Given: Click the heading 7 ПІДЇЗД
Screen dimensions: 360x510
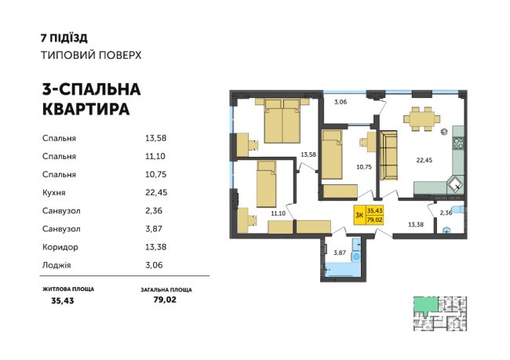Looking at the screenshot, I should click(x=64, y=37).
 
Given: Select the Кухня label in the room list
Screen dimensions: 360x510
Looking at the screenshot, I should click(x=56, y=191).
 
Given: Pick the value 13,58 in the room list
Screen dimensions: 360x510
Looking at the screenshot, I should click(x=156, y=138).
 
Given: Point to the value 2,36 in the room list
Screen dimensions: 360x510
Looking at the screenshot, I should click(x=155, y=210).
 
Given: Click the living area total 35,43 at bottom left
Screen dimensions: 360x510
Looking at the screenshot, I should click(x=60, y=300).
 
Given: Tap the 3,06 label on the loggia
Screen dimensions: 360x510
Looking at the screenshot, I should click(x=341, y=103).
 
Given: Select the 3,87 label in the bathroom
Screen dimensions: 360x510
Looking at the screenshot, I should click(x=340, y=253).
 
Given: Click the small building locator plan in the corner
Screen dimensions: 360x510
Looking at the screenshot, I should click(x=439, y=314).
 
